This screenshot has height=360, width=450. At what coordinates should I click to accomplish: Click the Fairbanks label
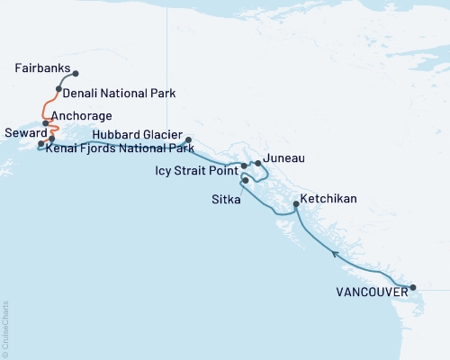click(x=42, y=68)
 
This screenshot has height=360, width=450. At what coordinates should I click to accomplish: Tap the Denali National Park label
click(x=119, y=93)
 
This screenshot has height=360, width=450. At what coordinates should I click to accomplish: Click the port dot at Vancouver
click(x=414, y=289)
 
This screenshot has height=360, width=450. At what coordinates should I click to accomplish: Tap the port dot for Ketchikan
click(x=296, y=206)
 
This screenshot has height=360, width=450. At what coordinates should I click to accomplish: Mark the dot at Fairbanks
click(x=76, y=74)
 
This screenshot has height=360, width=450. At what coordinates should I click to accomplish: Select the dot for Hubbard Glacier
click(x=188, y=140)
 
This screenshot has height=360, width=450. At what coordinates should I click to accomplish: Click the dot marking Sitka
click(x=246, y=181)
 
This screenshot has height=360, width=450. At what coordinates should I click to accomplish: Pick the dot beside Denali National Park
click(x=58, y=88)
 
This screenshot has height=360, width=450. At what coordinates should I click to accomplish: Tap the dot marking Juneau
click(x=258, y=163)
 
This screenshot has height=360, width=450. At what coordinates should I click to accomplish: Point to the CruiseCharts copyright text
click(x=5, y=329)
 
